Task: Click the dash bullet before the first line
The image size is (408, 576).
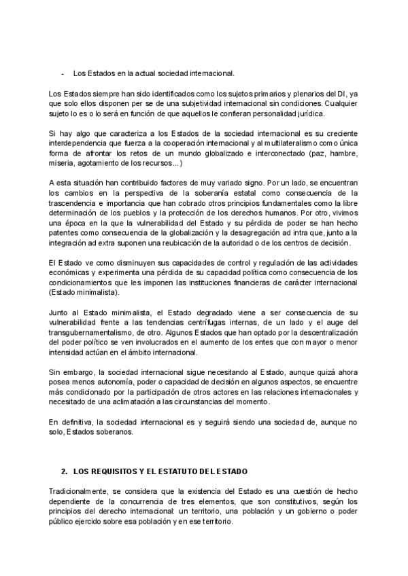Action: (63, 73)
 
